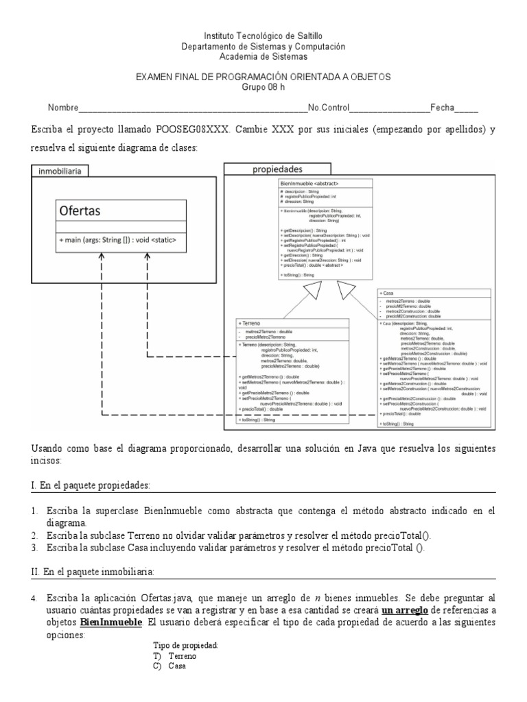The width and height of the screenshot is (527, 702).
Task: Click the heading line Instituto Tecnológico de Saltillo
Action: [263, 36]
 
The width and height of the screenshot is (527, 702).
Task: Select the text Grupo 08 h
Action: [263, 87]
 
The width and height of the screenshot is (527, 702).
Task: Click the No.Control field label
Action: [329, 108]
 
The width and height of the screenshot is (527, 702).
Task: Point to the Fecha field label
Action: [443, 108]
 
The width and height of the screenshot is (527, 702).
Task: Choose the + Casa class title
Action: [387, 293]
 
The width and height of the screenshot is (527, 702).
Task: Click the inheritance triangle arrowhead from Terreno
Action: [313, 291]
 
